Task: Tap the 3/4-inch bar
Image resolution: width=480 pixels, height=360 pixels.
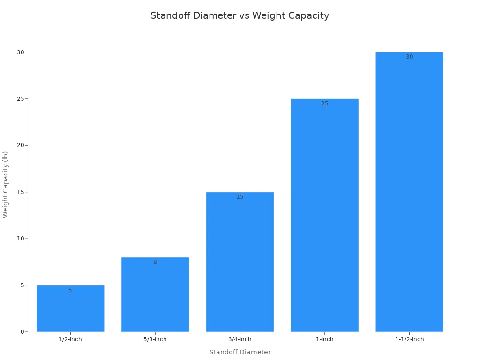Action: click(240, 262)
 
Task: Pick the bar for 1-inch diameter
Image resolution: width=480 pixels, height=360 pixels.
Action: click(324, 216)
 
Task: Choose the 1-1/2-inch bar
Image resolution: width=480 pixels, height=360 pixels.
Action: click(409, 192)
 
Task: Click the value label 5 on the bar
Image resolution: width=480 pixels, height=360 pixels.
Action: click(70, 290)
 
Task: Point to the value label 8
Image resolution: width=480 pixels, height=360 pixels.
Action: click(155, 262)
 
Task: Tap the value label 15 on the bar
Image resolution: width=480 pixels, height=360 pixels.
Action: click(240, 197)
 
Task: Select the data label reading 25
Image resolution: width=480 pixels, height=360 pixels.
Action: click(324, 104)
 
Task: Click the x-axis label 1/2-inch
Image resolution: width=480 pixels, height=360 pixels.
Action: click(70, 339)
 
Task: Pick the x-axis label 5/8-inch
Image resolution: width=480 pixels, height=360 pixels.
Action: click(155, 339)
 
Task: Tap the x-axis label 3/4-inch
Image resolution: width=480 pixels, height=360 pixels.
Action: click(240, 339)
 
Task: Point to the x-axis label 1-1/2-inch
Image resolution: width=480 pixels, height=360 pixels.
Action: click(409, 339)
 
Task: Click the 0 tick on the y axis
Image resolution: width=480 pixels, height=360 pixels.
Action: click(22, 332)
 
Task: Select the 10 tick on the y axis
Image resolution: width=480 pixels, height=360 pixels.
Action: click(21, 239)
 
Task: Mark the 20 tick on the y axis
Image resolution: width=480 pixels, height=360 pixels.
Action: click(21, 145)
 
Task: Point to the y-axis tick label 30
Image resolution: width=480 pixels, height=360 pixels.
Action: click(21, 52)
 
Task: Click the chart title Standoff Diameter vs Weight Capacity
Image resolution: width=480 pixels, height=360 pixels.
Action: click(240, 15)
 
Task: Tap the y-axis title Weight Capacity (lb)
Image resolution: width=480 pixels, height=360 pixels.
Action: click(6, 184)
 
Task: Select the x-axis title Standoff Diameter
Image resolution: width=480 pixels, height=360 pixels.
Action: click(240, 352)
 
